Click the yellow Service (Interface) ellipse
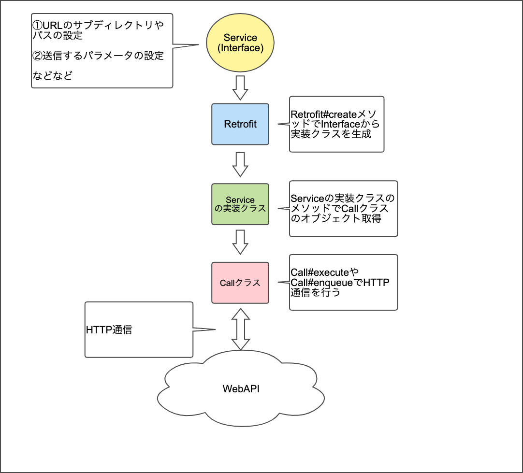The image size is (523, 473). coord(240,43)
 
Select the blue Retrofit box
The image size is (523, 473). coord(240,124)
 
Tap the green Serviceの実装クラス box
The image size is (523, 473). coord(240,204)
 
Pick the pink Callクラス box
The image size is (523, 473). coord(240,283)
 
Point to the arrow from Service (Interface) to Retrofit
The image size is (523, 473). coord(240,88)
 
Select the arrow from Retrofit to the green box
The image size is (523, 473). coord(240,164)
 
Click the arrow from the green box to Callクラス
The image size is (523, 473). coord(240,242)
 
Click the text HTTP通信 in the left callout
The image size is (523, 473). coord(109,330)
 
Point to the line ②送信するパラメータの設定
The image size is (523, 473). coord(98,56)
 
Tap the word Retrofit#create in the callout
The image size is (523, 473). coord(323,115)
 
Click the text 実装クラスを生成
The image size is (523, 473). coord(331,134)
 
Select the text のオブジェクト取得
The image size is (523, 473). coord(336,218)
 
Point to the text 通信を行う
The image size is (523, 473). coord(316,292)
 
